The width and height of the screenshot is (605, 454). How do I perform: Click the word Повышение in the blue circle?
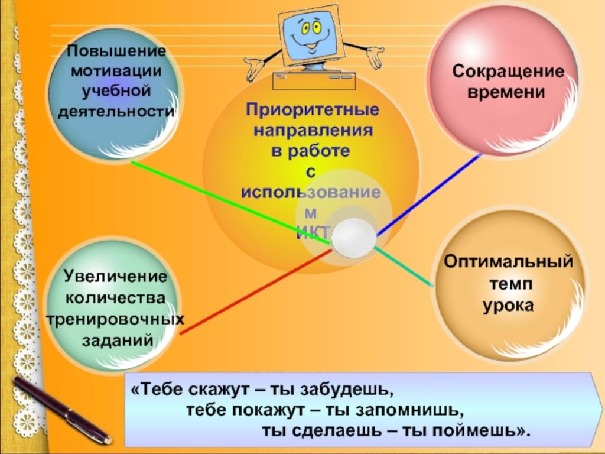tap(116, 51)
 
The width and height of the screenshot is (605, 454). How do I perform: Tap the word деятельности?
tap(116, 112)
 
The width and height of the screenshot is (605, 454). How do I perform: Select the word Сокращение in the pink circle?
tap(508, 72)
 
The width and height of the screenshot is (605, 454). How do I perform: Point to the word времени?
tap(506, 92)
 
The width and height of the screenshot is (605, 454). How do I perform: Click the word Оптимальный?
tap(508, 262)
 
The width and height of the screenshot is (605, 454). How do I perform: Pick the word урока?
tap(508, 306)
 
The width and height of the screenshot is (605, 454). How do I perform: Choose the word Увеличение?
tap(115, 277)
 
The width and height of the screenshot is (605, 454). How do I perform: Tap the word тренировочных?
tap(115, 320)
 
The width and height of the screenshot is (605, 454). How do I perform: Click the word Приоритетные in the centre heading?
tap(313, 110)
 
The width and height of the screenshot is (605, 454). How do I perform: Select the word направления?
tap(313, 131)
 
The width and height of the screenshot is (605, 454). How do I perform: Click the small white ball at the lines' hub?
tap(353, 238)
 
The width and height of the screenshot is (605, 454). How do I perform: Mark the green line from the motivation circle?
tap(231, 203)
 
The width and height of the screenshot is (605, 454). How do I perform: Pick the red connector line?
tap(256, 291)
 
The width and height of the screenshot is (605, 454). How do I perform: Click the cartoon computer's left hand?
tap(255, 67)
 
